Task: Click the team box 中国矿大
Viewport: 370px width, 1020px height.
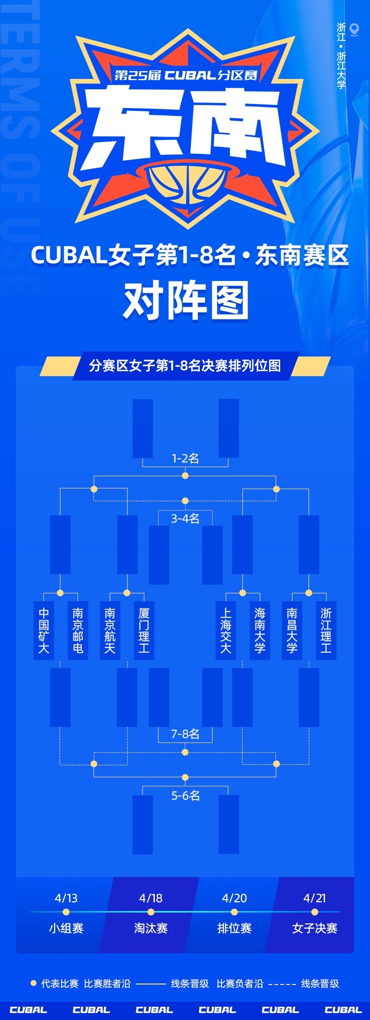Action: [x=43, y=630]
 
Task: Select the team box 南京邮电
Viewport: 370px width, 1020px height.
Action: [x=78, y=630]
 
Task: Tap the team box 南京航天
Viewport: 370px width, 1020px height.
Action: [x=110, y=630]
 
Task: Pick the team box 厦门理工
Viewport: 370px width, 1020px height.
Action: [x=144, y=630]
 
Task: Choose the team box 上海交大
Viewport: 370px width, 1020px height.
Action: [x=225, y=630]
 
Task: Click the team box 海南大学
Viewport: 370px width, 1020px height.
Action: [x=260, y=630]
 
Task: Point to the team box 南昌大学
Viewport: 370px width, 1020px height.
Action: [x=292, y=630]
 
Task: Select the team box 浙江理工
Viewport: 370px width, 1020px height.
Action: [x=326, y=630]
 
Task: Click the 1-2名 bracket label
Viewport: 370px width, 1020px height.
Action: [x=185, y=458]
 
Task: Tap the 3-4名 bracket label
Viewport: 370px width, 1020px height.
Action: [x=185, y=519]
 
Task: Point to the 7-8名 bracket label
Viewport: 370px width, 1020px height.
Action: [x=185, y=734]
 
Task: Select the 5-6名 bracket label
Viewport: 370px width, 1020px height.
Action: [x=185, y=796]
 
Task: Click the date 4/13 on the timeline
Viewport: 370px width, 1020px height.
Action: [x=66, y=898]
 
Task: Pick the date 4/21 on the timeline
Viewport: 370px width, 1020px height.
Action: [x=315, y=898]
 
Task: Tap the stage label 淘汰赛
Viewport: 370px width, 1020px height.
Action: [x=151, y=928]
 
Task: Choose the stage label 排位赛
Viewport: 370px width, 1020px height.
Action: [x=234, y=928]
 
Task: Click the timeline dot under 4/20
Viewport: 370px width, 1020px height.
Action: [x=234, y=912]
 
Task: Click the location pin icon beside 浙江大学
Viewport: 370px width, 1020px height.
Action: [x=354, y=30]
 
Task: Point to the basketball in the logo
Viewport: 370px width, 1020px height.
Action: [x=186, y=186]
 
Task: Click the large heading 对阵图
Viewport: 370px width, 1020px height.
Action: [x=185, y=301]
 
